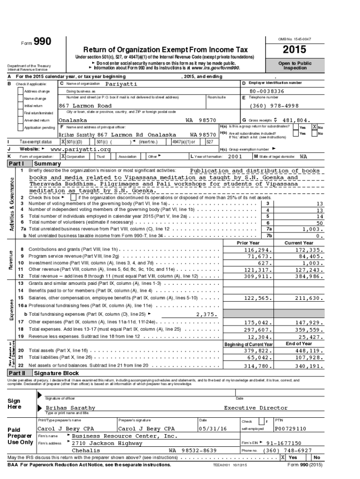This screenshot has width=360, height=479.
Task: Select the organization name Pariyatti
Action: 121,83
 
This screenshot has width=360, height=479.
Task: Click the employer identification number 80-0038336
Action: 266,91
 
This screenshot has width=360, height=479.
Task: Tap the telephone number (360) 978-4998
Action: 271,106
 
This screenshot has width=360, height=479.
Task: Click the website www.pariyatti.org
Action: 80,149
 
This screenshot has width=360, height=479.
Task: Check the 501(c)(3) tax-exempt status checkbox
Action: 63,142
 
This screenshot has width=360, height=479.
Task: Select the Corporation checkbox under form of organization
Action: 63,156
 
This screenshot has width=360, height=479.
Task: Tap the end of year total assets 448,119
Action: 308,350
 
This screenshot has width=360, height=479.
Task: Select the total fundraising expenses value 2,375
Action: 206,314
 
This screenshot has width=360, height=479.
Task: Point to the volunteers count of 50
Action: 319,223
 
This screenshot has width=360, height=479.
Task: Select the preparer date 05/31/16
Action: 212,428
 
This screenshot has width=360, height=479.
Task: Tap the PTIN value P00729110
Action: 290,428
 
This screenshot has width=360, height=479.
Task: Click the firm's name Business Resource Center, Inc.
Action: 125,436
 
